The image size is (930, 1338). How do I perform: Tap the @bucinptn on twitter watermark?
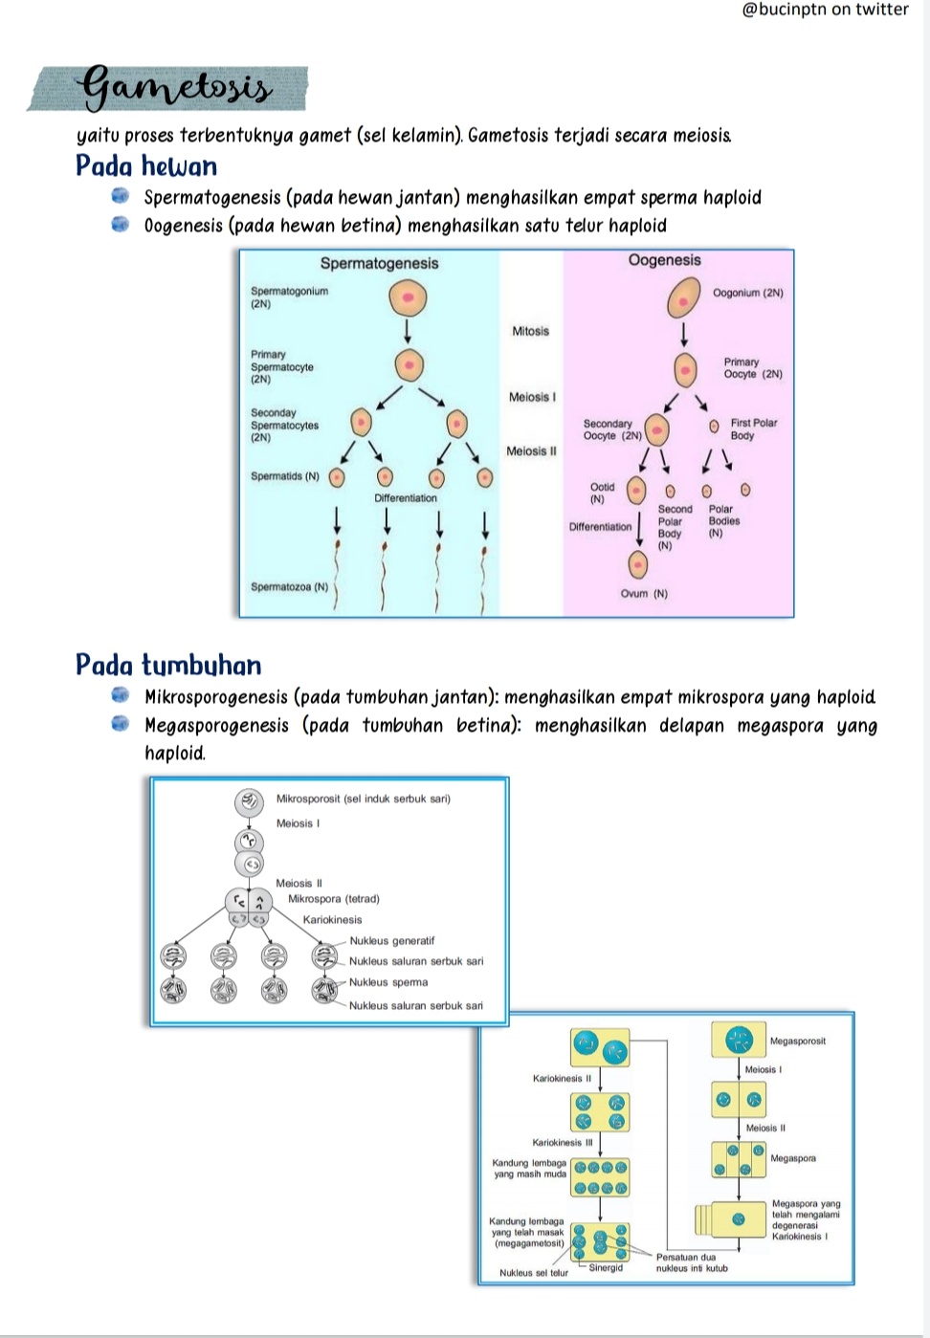click(825, 10)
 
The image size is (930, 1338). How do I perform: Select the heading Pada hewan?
click(145, 165)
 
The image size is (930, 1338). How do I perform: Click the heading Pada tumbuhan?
click(168, 665)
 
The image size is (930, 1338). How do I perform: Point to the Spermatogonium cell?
click(408, 298)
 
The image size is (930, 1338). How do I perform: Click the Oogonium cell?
click(684, 297)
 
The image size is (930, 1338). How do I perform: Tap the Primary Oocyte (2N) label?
click(753, 368)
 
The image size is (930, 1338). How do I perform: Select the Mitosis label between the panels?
click(530, 331)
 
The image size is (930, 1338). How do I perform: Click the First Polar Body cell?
click(714, 427)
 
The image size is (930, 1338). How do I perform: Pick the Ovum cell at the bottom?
click(638, 564)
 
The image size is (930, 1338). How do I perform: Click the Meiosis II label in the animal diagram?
click(531, 451)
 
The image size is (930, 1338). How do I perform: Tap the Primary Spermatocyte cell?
click(410, 365)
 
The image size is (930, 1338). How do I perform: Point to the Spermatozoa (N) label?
click(289, 586)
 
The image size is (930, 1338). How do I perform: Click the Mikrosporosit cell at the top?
click(249, 801)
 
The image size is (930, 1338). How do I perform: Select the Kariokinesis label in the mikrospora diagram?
click(332, 919)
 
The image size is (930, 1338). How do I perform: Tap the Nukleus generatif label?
click(392, 940)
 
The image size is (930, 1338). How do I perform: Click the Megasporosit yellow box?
click(738, 1040)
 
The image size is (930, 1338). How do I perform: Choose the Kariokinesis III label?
click(563, 1142)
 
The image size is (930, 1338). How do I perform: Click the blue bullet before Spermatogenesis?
click(121, 196)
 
